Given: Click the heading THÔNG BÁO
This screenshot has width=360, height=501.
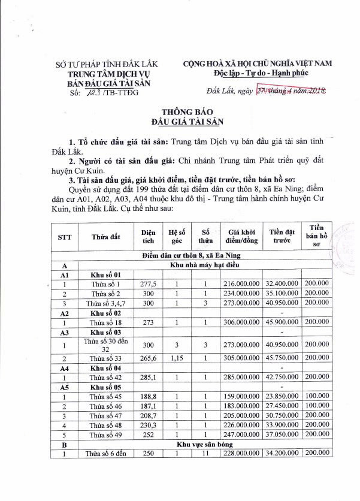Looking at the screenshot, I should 180,112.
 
